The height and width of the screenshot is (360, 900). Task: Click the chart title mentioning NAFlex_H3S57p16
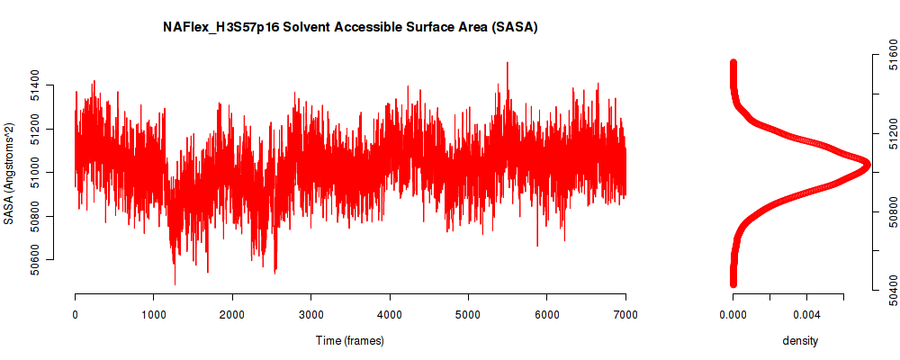[x=350, y=28]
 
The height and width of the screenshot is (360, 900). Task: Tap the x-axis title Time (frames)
[x=349, y=340]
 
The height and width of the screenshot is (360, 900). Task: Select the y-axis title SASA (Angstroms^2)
[x=9, y=173]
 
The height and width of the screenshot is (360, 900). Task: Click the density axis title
[x=800, y=341]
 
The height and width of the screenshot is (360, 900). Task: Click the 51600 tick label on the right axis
[x=893, y=55]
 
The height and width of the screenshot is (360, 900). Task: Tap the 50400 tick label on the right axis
[x=893, y=290]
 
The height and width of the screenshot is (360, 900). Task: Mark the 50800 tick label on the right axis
[x=893, y=211]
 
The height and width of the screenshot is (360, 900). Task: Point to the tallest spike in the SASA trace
[x=507, y=63]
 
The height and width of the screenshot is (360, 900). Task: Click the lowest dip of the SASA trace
[x=175, y=283]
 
